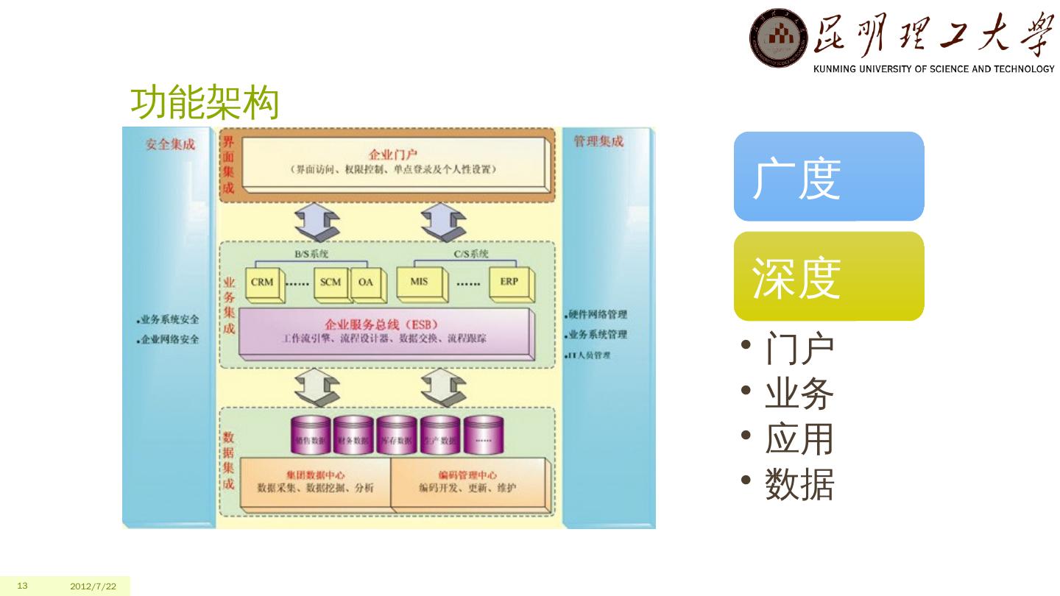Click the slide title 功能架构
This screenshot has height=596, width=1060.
click(205, 104)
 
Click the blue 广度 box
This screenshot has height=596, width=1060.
click(829, 177)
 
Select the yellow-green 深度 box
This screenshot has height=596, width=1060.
click(829, 277)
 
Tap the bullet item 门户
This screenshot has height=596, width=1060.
click(799, 348)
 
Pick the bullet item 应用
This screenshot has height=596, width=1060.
click(799, 439)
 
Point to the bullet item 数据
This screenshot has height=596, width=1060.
click(799, 485)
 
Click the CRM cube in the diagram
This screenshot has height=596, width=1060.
click(263, 283)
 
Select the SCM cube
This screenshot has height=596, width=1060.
click(331, 283)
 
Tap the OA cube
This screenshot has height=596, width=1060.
click(366, 283)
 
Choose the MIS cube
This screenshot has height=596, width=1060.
click(420, 283)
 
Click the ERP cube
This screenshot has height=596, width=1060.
click(509, 283)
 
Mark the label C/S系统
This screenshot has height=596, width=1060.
click(471, 254)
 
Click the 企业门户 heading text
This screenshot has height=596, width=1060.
click(393, 155)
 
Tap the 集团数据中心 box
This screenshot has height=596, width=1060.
click(315, 482)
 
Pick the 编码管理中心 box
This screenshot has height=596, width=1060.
click(468, 482)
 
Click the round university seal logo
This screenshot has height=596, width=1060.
click(778, 38)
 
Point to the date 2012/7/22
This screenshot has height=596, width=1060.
click(93, 586)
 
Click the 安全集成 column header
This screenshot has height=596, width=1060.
click(170, 144)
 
